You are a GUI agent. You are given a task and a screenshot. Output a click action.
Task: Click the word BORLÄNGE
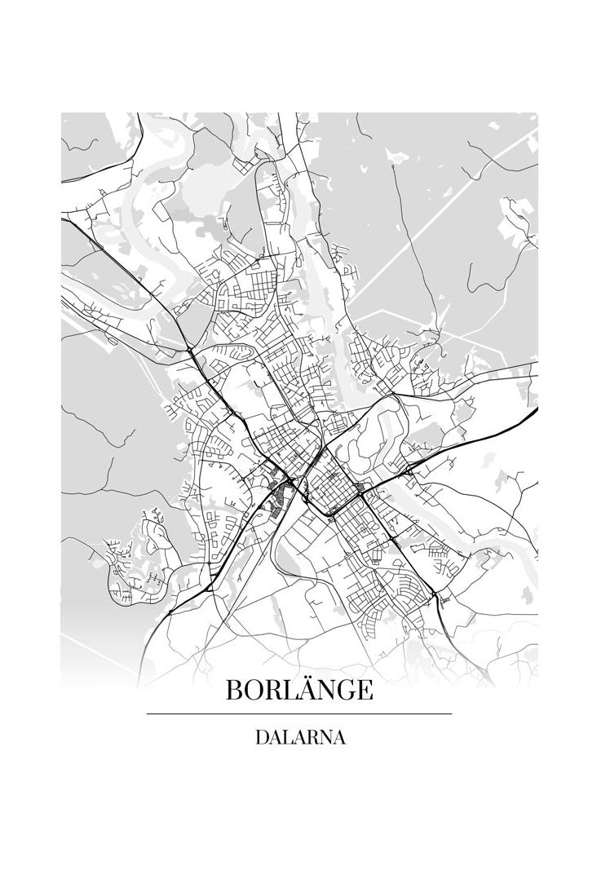point(298,691)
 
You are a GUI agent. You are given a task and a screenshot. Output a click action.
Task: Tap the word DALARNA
point(299,738)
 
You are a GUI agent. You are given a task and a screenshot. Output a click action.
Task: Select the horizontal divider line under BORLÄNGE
point(298,714)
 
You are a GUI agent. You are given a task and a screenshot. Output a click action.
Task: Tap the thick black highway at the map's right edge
point(522,417)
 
